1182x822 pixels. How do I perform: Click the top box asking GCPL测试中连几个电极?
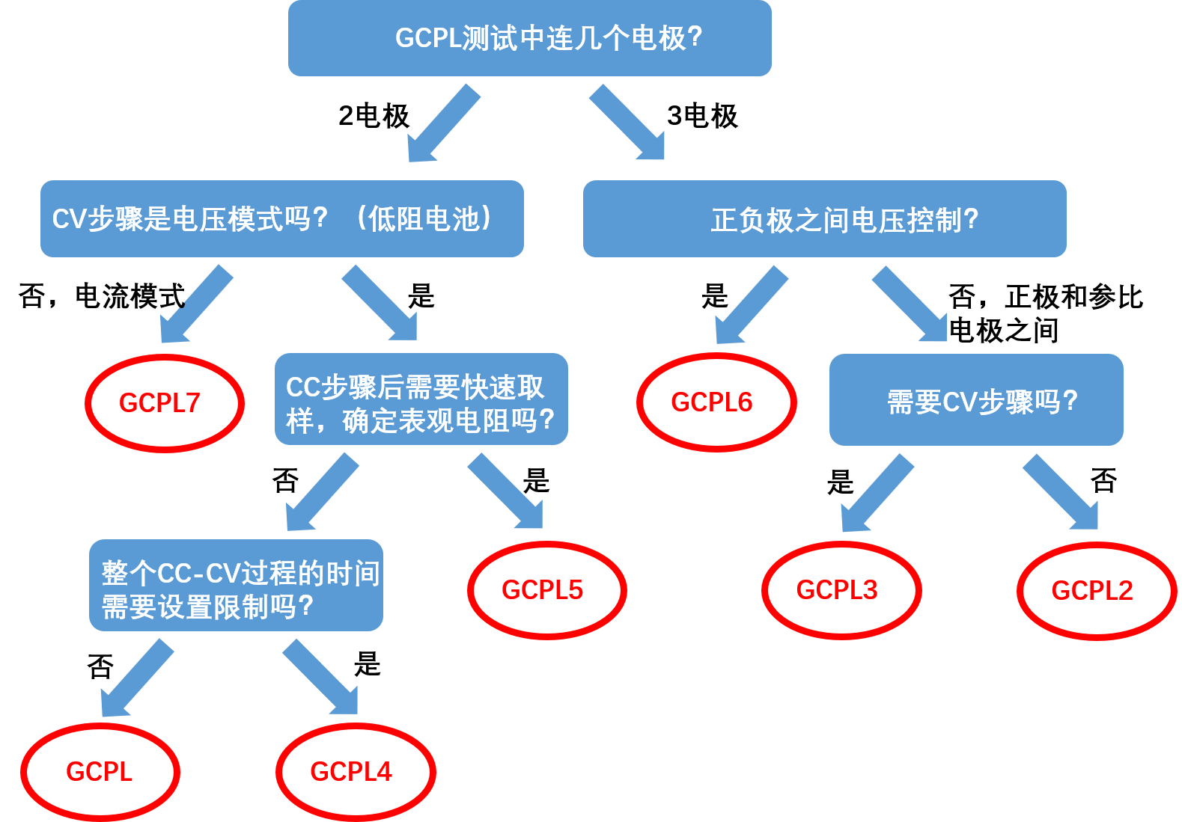pyautogui.click(x=529, y=38)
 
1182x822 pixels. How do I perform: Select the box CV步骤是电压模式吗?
pyautogui.click(x=281, y=218)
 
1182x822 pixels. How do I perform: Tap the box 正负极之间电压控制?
pyautogui.click(x=824, y=218)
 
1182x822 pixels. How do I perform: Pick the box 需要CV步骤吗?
pyautogui.click(x=975, y=400)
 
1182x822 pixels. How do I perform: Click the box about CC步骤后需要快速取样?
pyautogui.click(x=421, y=399)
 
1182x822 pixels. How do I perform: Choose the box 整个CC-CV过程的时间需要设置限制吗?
pyautogui.click(x=236, y=585)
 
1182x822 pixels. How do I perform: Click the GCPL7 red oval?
pyautogui.click(x=165, y=403)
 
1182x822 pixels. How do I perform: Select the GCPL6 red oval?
pyautogui.click(x=716, y=402)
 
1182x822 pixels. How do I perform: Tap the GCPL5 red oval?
pyautogui.click(x=546, y=590)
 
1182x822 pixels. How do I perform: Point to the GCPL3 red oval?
pyautogui.click(x=841, y=590)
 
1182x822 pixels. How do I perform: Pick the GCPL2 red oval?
pyautogui.click(x=1096, y=591)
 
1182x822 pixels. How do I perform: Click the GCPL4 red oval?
pyautogui.click(x=356, y=771)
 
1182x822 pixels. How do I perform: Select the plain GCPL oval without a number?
pyautogui.click(x=100, y=771)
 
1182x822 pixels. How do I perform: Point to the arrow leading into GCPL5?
pyautogui.click(x=507, y=492)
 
